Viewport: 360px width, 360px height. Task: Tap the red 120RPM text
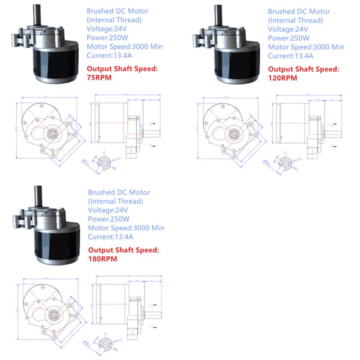point(283,77)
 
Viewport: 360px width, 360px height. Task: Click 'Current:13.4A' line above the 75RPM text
point(109,56)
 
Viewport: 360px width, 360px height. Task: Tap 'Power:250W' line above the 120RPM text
point(288,38)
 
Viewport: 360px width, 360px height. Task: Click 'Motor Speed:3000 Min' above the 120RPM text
point(306,47)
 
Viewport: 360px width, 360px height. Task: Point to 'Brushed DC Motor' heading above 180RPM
point(119,192)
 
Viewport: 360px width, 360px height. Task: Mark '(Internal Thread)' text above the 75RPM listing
point(114,20)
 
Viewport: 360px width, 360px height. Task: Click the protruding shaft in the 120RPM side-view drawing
point(335,134)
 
